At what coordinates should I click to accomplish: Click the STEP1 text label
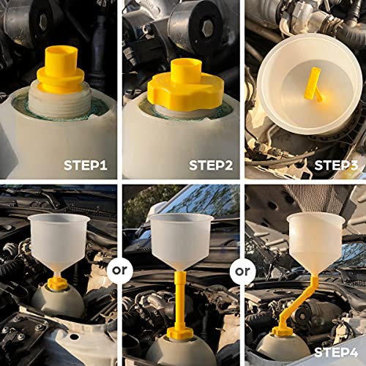click(x=86, y=165)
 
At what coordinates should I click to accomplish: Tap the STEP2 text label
click(x=211, y=165)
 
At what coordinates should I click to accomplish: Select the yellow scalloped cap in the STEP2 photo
click(x=181, y=85)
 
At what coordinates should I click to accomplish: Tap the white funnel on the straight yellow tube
click(x=181, y=242)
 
